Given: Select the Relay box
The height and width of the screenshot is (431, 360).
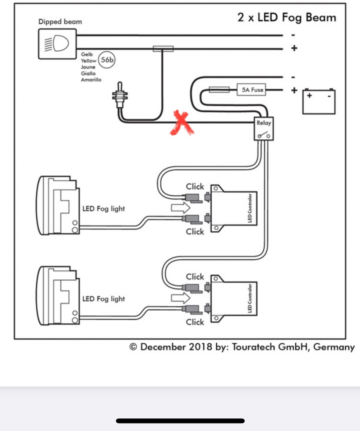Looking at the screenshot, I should [263, 129].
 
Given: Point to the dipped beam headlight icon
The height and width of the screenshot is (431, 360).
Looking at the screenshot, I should [57, 44].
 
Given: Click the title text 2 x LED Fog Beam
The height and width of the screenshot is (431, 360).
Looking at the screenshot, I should [287, 18].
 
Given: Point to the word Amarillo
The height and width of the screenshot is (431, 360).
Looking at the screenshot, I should [91, 79].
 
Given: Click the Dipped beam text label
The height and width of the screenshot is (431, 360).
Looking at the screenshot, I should [60, 22].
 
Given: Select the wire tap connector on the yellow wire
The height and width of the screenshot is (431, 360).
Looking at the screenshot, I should [163, 48].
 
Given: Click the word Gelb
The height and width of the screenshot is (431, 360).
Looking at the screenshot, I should [87, 54].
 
